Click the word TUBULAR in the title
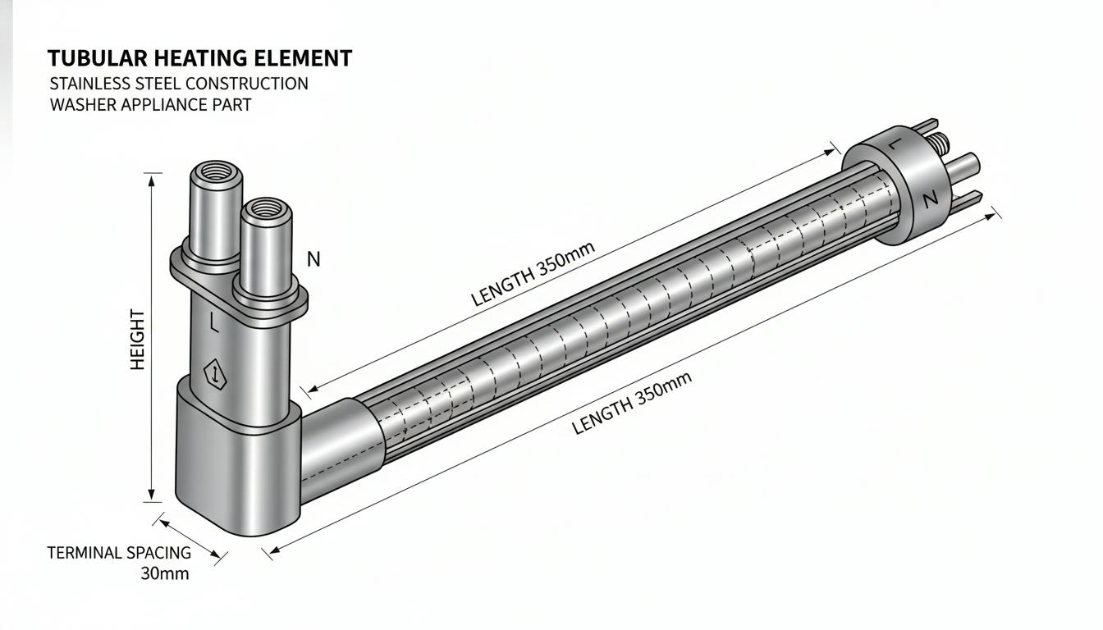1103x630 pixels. pos(98,58)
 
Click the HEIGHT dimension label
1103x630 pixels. pos(138,340)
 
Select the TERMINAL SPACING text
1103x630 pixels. pos(119,553)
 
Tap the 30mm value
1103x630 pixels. pos(165,574)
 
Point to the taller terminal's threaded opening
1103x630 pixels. pos(216,171)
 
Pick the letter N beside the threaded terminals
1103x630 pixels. pos(314,259)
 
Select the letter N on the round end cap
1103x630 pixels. pos(930,200)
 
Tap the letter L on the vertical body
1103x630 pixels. pos(213,322)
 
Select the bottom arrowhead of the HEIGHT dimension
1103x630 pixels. pos(152,494)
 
